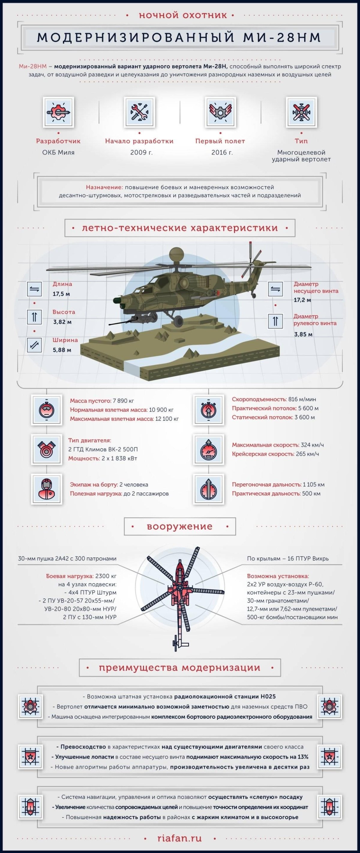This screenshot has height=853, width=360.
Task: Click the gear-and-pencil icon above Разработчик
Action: (58, 112)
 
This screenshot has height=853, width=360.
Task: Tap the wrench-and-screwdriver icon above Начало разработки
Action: (139, 112)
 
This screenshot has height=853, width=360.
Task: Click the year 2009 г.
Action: (141, 153)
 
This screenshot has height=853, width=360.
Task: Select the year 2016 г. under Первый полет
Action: (222, 153)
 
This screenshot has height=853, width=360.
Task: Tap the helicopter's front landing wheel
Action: (178, 320)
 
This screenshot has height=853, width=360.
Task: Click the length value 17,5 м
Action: (61, 294)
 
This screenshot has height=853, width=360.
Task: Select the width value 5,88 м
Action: (61, 350)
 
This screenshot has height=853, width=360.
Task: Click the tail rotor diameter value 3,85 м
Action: (303, 335)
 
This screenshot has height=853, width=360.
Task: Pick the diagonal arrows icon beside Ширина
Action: (34, 345)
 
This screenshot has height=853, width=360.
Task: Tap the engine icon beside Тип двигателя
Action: (46, 450)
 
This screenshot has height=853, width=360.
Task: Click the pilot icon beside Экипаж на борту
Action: (46, 489)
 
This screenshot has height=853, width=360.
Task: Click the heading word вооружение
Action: (179, 527)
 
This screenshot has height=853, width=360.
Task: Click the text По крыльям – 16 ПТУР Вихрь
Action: (287, 559)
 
